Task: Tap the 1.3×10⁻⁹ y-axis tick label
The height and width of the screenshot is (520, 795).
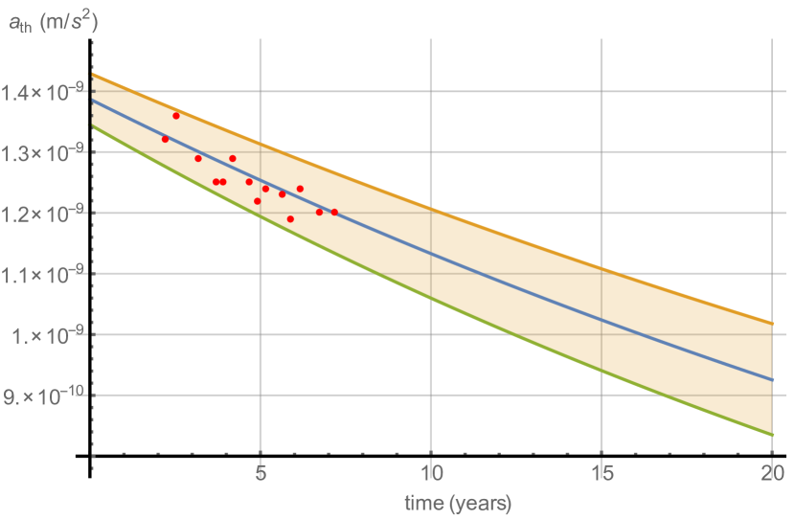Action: click(x=42, y=152)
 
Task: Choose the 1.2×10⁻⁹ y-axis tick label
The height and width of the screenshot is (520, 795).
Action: click(x=42, y=213)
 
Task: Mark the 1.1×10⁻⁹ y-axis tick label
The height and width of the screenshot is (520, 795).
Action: click(x=42, y=274)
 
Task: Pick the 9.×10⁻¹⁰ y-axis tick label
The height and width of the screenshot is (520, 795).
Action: click(x=42, y=395)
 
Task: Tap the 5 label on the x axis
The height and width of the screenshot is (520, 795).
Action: click(x=260, y=472)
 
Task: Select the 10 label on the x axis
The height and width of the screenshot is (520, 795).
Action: click(x=430, y=472)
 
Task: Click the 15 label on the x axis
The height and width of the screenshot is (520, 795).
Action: click(x=601, y=472)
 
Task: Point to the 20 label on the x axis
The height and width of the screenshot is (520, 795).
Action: click(x=771, y=472)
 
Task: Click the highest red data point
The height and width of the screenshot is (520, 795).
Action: click(x=176, y=116)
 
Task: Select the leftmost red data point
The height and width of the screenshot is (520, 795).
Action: click(x=165, y=140)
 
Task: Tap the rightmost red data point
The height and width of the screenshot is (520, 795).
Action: click(x=334, y=212)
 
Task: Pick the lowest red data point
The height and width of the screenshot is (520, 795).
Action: click(x=290, y=219)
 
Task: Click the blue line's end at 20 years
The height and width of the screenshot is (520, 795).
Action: click(x=772, y=380)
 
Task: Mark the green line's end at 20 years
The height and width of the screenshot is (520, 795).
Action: click(x=772, y=435)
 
